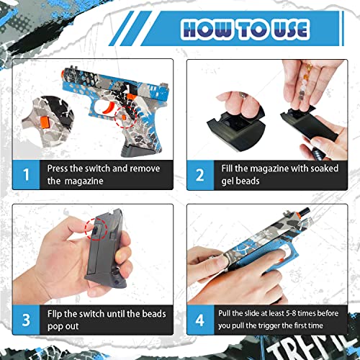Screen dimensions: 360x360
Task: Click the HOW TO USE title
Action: pyautogui.click(x=245, y=29)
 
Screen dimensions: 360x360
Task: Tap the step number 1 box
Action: pyautogui.click(x=27, y=174)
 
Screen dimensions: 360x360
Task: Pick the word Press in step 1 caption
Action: pyautogui.click(x=60, y=168)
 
